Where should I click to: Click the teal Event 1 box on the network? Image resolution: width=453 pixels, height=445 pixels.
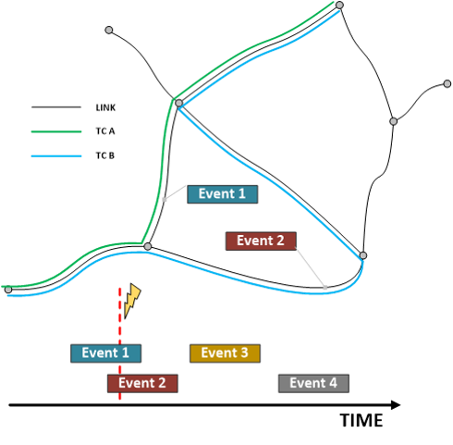[223, 194]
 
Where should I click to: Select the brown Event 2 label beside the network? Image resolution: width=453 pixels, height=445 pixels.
[261, 241]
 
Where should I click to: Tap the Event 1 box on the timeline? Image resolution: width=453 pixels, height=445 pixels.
[105, 353]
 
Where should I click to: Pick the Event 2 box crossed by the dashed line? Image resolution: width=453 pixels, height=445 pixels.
[142, 384]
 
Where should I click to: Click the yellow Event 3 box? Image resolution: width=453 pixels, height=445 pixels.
[225, 353]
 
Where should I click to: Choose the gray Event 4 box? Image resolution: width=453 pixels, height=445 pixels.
[313, 384]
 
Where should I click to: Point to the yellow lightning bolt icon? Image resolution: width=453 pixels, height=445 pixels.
[132, 301]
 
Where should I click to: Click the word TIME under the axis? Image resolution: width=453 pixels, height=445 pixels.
[361, 420]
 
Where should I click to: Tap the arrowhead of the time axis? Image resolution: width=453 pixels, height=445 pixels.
[396, 405]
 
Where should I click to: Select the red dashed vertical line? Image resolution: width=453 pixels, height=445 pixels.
[119, 344]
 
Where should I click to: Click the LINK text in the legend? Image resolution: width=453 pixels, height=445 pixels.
[105, 107]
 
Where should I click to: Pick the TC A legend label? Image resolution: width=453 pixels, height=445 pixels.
[105, 131]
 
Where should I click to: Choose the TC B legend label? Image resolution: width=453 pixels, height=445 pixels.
[105, 155]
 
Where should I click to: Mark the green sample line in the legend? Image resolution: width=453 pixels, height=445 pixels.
[56, 131]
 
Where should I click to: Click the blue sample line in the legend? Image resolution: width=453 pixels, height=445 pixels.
[56, 156]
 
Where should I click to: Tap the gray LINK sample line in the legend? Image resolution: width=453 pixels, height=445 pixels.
[56, 107]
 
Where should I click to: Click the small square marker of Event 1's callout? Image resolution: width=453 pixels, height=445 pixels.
[165, 200]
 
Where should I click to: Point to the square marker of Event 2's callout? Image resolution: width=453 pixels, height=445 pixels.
[325, 288]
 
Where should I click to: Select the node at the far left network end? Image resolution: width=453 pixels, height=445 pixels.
[8, 290]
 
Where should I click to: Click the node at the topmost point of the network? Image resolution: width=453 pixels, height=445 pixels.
[339, 6]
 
